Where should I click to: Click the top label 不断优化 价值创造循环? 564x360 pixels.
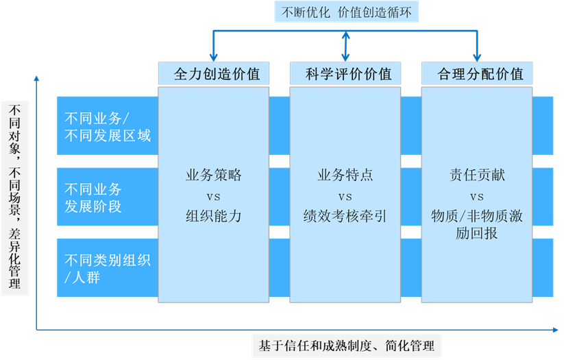(345, 13)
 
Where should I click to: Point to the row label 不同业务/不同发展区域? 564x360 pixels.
(107, 126)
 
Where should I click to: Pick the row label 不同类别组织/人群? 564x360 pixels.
(107, 269)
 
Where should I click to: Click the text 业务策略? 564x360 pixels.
(213, 175)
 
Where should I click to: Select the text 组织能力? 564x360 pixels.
(213, 216)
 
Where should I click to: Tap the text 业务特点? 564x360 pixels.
(345, 175)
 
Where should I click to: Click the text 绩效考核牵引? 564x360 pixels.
(345, 216)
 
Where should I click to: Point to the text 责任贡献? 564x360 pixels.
(477, 175)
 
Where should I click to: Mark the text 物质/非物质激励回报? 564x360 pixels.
(477, 224)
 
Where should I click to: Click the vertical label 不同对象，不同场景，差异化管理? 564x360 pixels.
(15, 197)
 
